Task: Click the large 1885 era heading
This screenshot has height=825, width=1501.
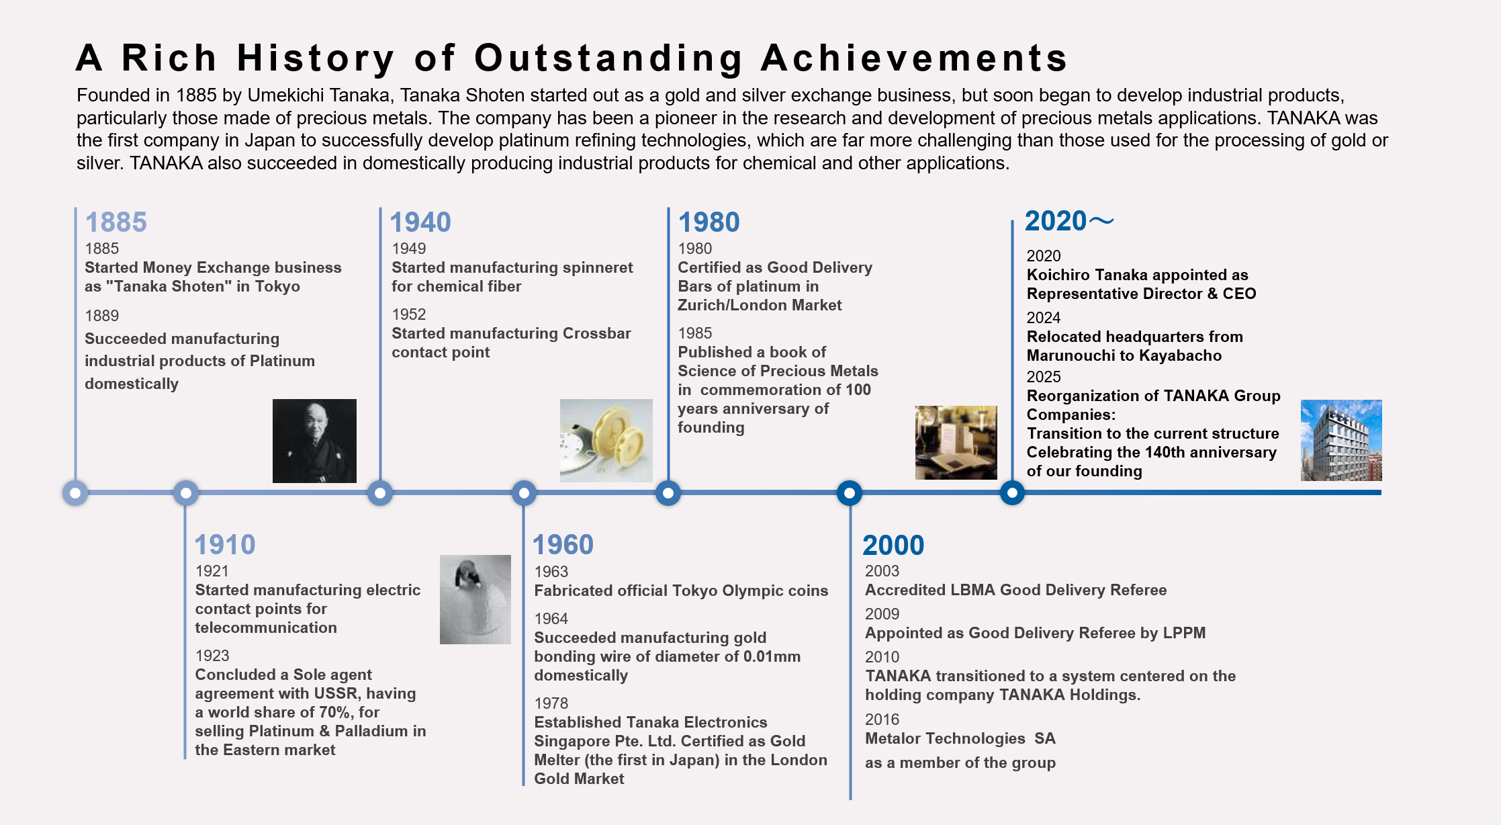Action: click(x=116, y=222)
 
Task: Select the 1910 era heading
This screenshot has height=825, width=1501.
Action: click(x=225, y=545)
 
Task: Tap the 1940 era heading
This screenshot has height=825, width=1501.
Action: click(x=420, y=222)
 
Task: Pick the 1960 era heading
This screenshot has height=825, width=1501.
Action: click(x=563, y=545)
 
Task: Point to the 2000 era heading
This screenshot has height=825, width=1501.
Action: click(x=893, y=545)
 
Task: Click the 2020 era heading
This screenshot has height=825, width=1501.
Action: click(x=1069, y=221)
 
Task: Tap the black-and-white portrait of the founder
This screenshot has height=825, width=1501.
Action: click(x=314, y=441)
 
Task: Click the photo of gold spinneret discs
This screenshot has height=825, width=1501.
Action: click(x=606, y=441)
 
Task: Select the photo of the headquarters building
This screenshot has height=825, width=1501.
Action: click(x=1341, y=440)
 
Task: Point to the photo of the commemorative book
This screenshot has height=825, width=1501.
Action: click(x=956, y=442)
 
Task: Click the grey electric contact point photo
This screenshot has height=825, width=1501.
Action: click(x=475, y=599)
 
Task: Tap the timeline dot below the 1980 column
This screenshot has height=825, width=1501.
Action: click(x=668, y=493)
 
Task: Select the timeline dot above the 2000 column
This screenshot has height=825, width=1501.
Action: click(x=850, y=493)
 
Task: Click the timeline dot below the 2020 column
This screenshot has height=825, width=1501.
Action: click(x=1012, y=493)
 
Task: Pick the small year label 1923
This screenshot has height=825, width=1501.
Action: click(x=212, y=656)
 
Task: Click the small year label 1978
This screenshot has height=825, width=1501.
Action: click(x=551, y=703)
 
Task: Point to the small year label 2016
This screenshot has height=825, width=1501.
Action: click(x=882, y=720)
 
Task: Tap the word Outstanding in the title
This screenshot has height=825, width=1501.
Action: click(x=608, y=58)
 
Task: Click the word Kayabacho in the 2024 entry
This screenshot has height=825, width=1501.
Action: click(x=1180, y=355)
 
